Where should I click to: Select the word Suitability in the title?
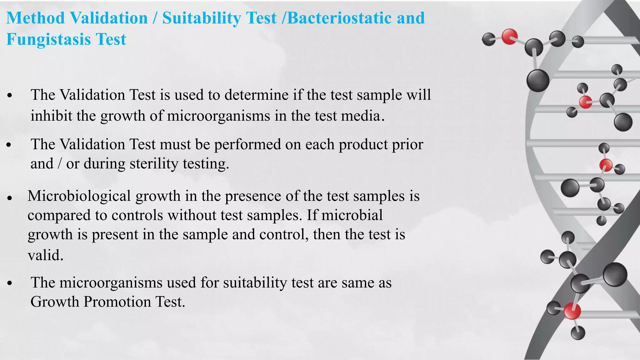pos(202,18)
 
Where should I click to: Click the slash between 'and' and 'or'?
pos(59,164)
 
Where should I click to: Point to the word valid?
pos(46,255)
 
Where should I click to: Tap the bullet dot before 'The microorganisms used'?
pos(10,283)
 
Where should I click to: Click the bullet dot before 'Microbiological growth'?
pos(10,198)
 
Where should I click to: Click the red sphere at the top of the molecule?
pos(509,37)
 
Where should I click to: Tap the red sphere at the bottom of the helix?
pos(572,311)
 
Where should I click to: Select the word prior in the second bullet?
pos(408,144)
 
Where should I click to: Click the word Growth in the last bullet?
pos(55,302)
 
